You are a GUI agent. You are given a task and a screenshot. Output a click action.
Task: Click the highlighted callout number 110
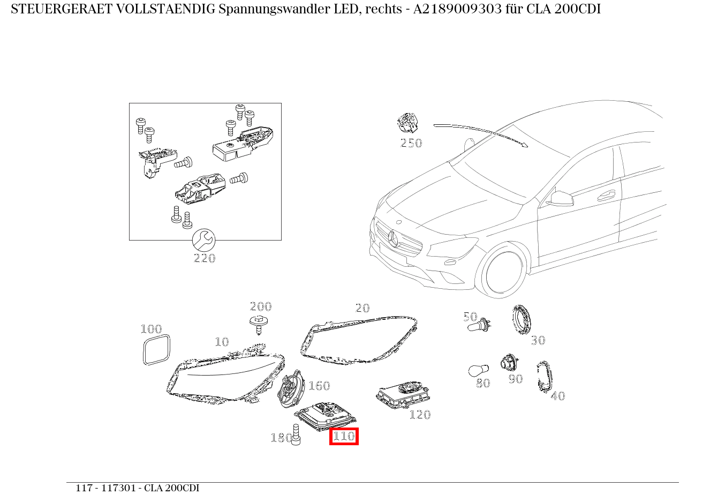[x=344, y=437]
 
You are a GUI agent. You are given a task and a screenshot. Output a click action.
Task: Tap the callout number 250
[x=411, y=143]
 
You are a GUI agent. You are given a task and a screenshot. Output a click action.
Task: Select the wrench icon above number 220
[x=203, y=240]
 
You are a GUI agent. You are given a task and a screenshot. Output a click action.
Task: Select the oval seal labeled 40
[x=545, y=377]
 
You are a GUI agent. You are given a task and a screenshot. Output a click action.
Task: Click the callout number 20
[x=362, y=308]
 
